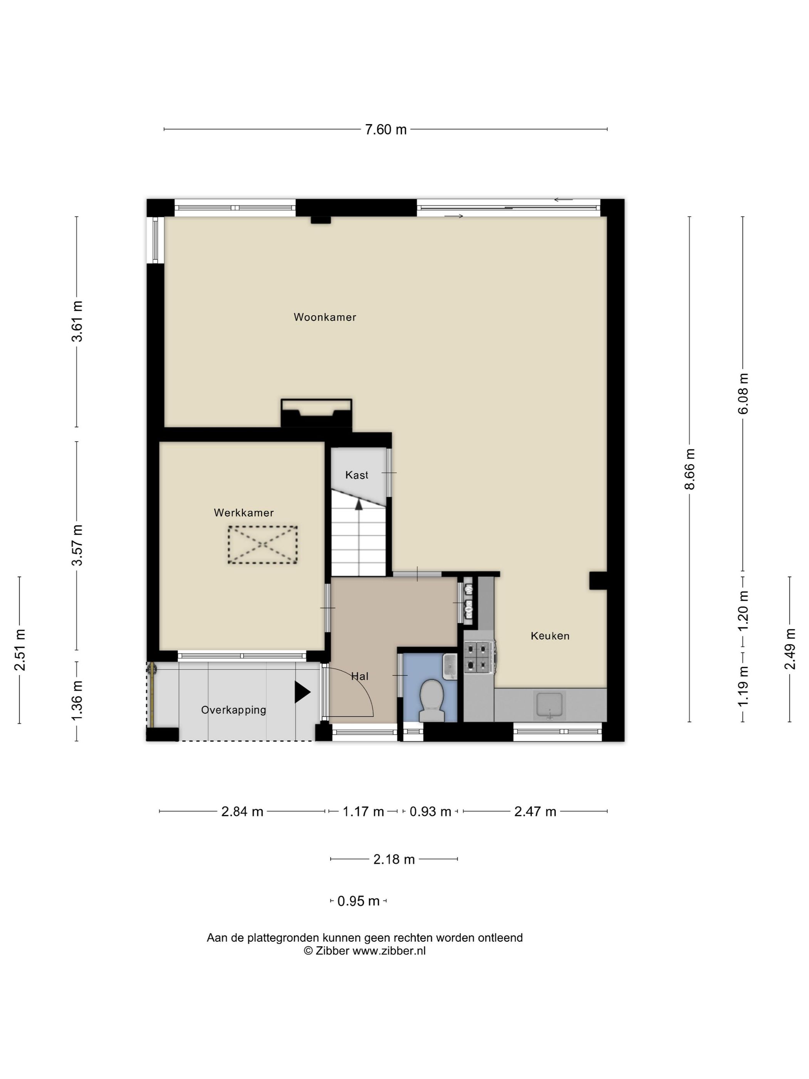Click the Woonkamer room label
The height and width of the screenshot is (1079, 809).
325,317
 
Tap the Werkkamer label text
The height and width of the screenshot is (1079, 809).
244,513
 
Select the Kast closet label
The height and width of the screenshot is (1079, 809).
356,475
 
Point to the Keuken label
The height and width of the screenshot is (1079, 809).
550,635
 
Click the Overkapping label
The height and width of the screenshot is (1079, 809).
233,710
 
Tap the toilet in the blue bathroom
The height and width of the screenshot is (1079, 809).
431,701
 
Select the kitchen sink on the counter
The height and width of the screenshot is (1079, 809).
550,705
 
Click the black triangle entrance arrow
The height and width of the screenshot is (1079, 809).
302,692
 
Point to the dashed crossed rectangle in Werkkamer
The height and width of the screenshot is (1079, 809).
262,545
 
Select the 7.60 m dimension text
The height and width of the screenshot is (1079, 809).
386,129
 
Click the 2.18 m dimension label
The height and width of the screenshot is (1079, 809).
394,859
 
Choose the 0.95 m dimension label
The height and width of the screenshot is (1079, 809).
358,901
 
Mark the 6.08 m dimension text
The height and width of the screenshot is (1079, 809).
743,394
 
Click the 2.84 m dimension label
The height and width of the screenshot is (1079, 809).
242,811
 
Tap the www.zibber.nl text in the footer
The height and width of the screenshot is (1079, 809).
389,951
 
